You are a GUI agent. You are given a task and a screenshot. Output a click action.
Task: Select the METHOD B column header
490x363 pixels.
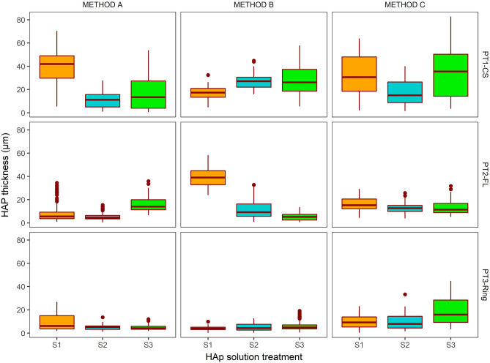(253, 5)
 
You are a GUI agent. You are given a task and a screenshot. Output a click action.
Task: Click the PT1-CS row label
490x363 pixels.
(483, 64)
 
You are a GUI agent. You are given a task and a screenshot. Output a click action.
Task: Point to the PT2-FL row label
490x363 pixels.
(483, 176)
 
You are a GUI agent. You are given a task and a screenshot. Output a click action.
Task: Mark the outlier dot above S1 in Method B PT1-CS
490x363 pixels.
(208, 75)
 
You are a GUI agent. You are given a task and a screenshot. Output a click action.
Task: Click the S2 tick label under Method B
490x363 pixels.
(253, 343)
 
